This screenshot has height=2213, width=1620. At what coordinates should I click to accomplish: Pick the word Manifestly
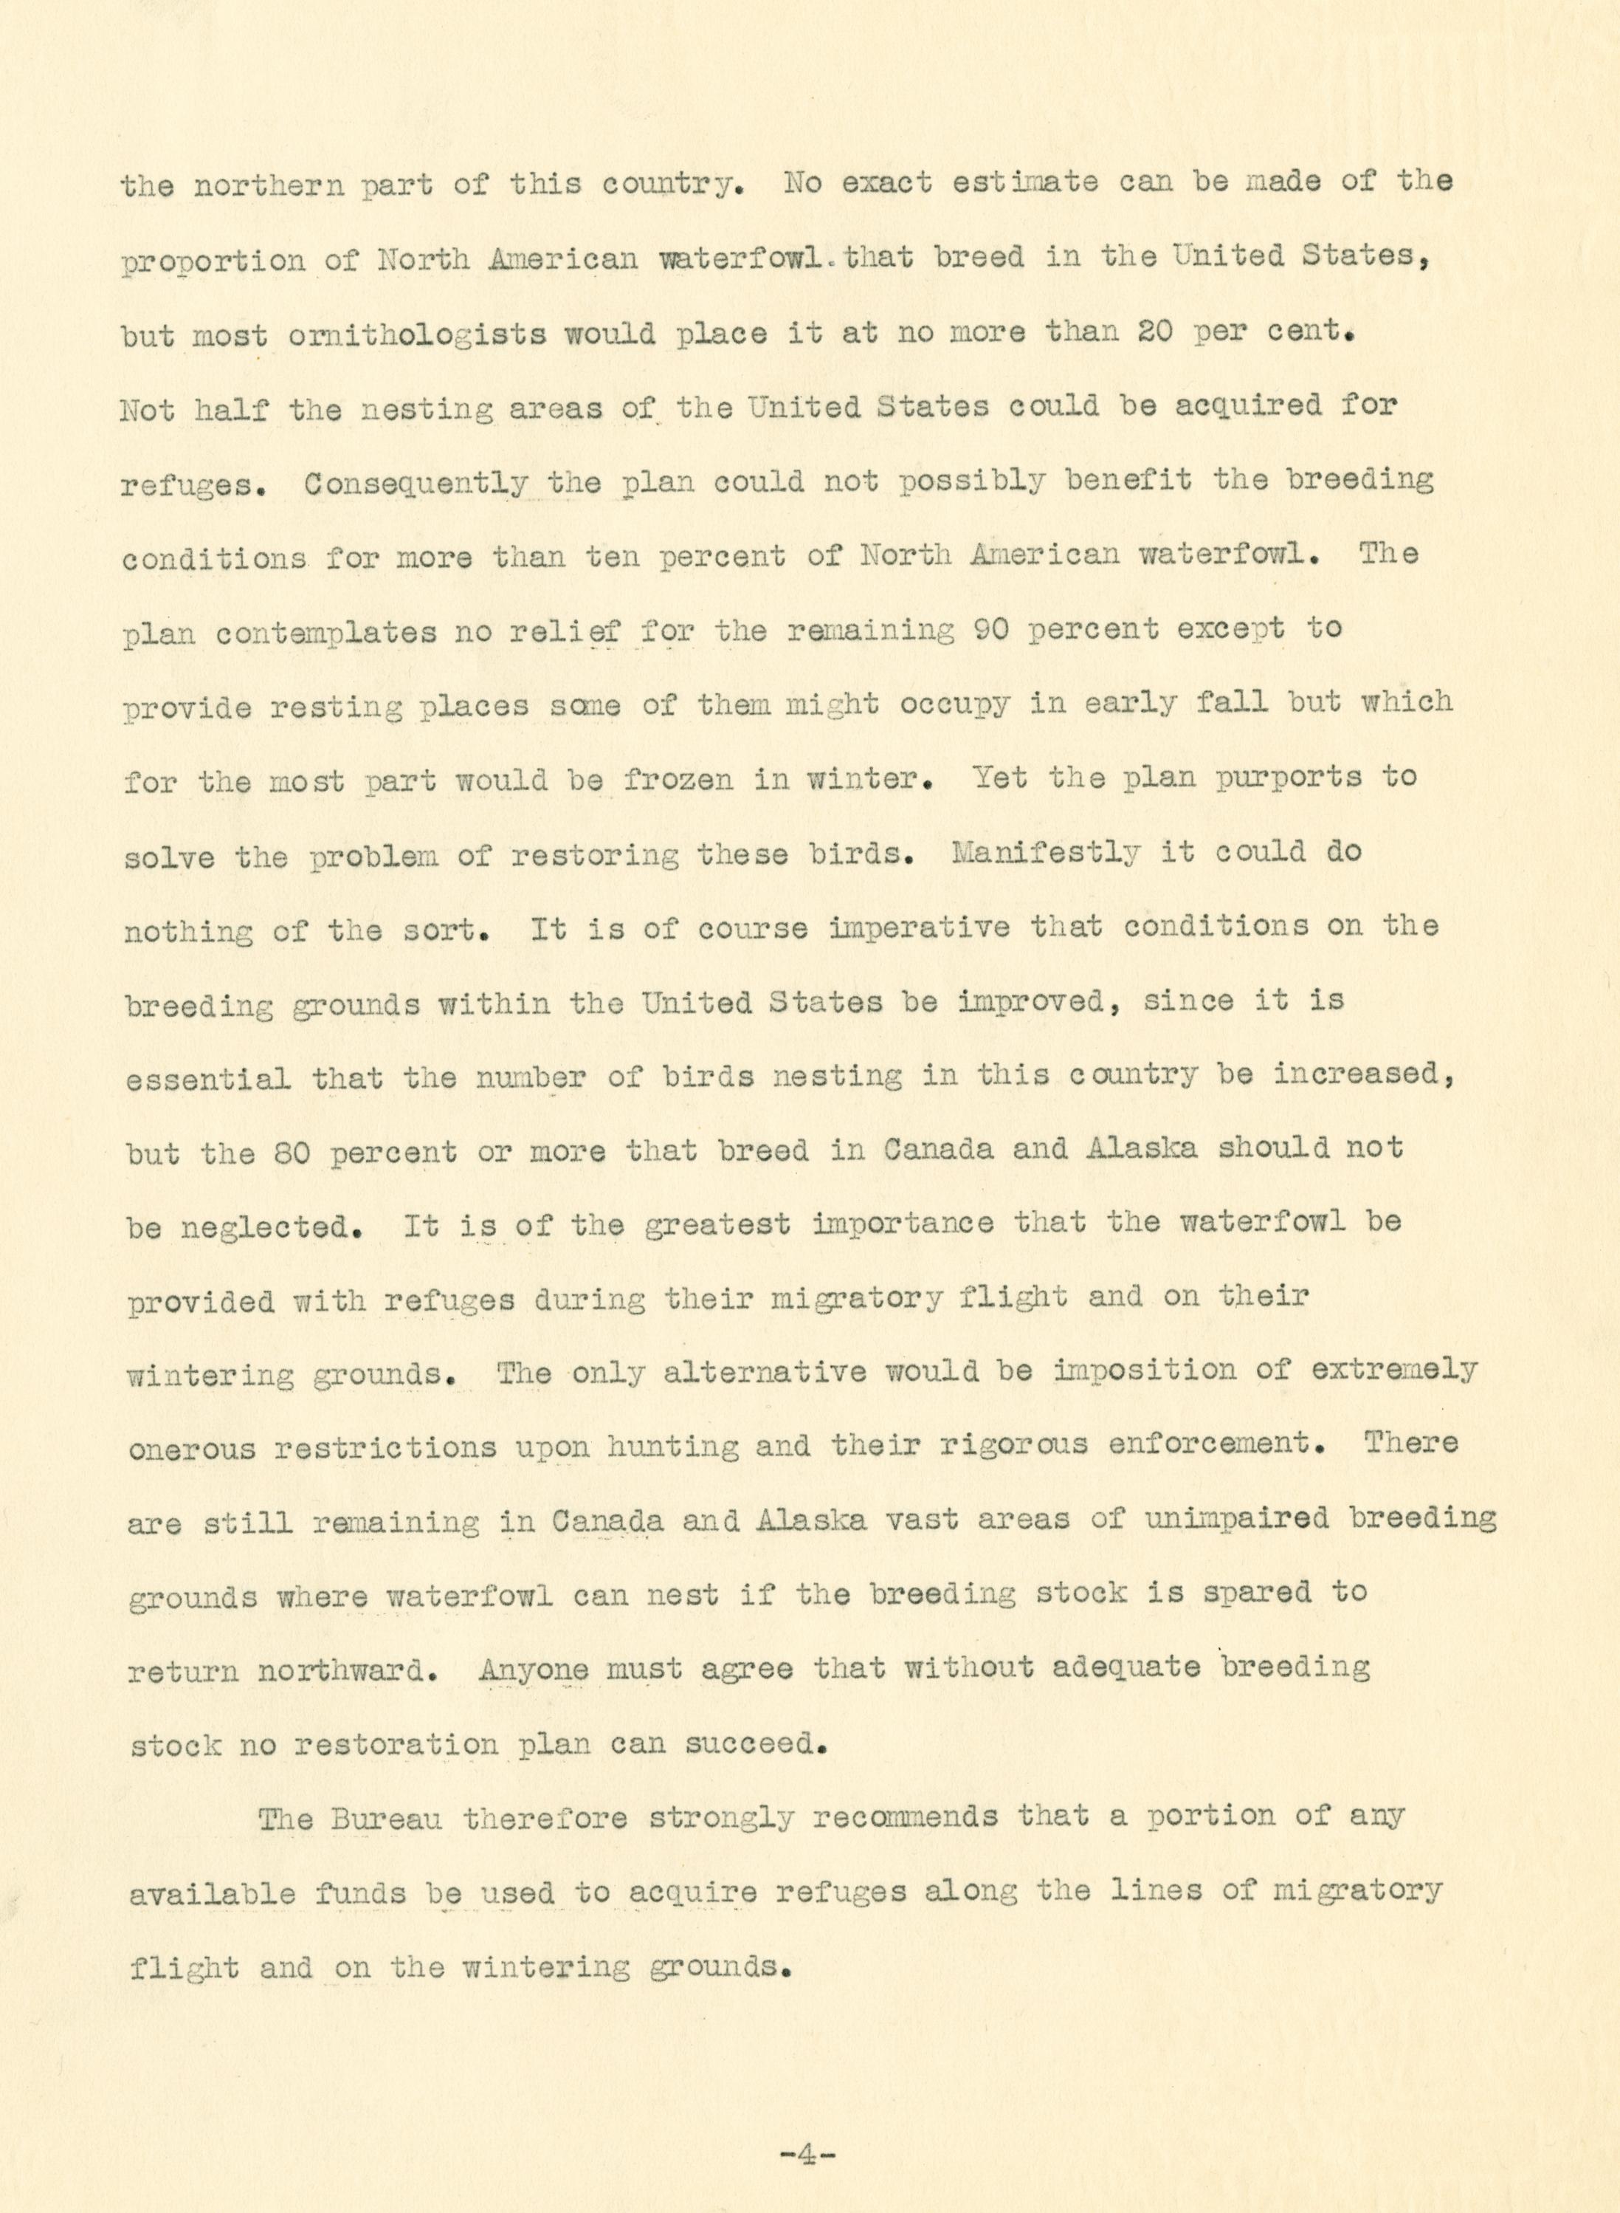[x=1045, y=852]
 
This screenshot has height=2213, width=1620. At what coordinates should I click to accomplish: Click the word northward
[x=346, y=1670]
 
